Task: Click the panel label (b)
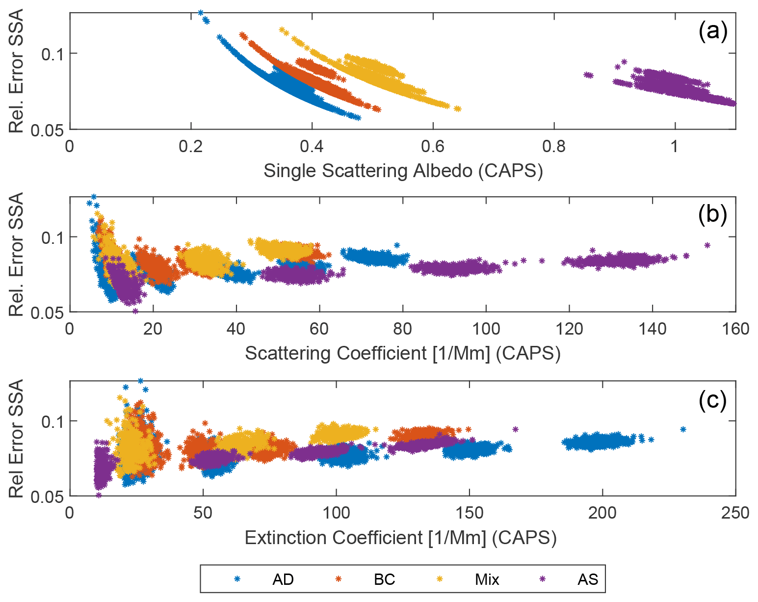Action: coord(712,215)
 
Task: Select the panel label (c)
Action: coord(712,400)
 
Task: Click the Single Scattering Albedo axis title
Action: coord(403,171)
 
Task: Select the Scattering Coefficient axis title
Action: coord(402,353)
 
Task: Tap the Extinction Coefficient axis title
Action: coord(400,538)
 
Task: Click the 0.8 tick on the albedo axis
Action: coord(554,146)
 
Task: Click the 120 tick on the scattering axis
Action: coord(569,329)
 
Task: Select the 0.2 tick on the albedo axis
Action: coord(190,146)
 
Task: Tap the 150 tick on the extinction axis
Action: coord(470,513)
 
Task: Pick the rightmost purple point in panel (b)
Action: coord(707,245)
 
